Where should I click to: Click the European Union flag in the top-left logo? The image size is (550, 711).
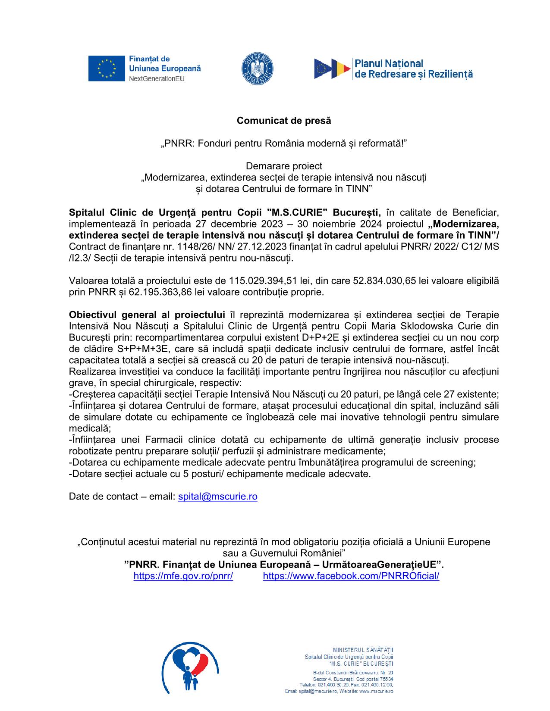107,69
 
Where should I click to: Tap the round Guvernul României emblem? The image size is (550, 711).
257,69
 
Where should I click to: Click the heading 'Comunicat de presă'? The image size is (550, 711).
284,121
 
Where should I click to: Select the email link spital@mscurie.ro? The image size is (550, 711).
217,496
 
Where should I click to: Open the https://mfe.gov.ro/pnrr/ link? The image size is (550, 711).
183,576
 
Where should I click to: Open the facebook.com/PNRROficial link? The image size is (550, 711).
351,576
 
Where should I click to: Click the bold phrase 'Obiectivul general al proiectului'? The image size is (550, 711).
147,315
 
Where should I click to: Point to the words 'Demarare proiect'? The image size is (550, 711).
284,166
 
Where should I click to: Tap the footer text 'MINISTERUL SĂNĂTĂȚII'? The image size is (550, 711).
363,650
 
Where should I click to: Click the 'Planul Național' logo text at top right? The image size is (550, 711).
388,64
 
